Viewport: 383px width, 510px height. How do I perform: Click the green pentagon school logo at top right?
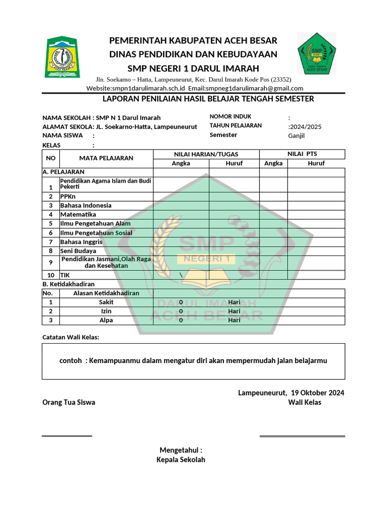[x=317, y=53]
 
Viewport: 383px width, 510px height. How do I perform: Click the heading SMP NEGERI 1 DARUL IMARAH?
[x=193, y=68]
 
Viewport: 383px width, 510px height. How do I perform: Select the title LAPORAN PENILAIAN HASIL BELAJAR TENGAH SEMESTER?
[x=208, y=99]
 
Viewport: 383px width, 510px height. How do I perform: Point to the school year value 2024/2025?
[x=306, y=127]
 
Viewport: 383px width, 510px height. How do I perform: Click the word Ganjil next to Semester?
[x=296, y=135]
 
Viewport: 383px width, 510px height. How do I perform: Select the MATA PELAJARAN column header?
[x=106, y=158]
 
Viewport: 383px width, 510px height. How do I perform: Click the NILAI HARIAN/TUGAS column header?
[x=205, y=154]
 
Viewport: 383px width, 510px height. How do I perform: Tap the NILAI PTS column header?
[x=302, y=154]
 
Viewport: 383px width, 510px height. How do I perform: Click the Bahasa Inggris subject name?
[x=81, y=242]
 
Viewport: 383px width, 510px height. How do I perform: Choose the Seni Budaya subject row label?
[x=78, y=251]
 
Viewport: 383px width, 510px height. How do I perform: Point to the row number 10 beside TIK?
[x=50, y=275]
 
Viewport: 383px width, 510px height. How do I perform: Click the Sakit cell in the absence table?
[x=106, y=302]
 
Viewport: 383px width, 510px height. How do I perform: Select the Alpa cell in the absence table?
[x=106, y=320]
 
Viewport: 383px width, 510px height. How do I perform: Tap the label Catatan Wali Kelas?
[x=71, y=337]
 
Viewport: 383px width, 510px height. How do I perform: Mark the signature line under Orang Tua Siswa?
[x=67, y=436]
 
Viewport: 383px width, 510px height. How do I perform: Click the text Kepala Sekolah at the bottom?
[x=181, y=460]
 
